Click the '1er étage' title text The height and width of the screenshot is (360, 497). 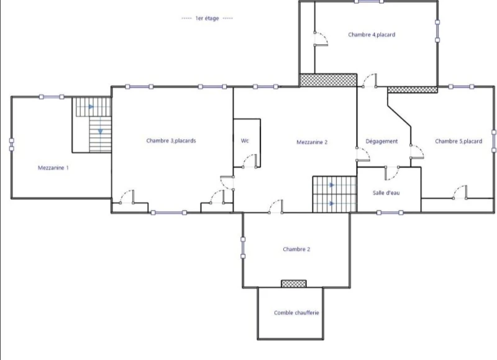coord(207,19)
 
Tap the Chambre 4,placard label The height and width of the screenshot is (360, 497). coord(372,35)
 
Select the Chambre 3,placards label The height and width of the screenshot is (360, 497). coord(171,140)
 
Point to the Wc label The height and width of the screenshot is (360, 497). coord(245,140)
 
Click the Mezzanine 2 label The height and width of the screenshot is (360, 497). coord(312,142)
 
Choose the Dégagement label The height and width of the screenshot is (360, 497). coord(381,142)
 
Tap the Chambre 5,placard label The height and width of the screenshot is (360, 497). coord(458,142)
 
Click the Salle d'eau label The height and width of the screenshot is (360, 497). coord(386,193)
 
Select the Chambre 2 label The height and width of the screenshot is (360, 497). coord(296,249)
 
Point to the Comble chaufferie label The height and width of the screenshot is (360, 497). coord(296,313)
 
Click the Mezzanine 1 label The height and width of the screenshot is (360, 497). coord(53,168)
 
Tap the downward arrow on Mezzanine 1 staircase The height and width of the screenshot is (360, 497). coord(100,132)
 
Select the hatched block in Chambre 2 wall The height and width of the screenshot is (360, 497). coord(294,284)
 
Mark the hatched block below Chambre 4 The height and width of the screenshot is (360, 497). coord(328,80)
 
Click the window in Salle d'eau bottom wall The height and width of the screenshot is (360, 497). coord(390,213)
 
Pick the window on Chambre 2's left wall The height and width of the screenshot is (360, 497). coord(243,248)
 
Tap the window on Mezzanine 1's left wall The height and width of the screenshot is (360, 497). coord(11,145)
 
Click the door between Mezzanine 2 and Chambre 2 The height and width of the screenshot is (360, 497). coord(275,207)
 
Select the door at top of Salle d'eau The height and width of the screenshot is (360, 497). coord(392,173)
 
